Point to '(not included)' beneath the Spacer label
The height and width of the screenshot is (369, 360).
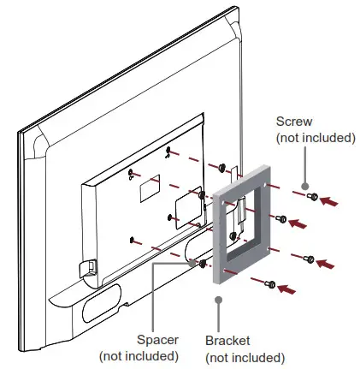(139, 355)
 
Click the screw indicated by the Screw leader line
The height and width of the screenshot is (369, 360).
(311, 197)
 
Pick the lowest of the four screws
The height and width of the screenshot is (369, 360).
(270, 283)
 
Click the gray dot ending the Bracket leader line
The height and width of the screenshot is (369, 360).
(220, 299)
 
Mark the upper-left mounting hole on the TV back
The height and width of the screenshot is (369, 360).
(130, 176)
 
